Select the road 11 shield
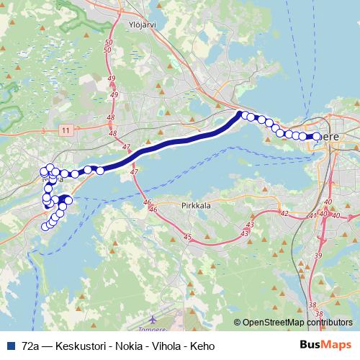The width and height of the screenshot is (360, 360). pos(66,130)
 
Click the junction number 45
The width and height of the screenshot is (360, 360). pos(188,237)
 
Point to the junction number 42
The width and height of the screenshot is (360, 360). pos(284,214)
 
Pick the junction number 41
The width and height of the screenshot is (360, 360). pos(312,215)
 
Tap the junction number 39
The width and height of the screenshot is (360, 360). pos(318,256)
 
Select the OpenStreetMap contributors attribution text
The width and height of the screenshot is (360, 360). pos(297,323)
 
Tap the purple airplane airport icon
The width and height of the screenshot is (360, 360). pos(153,318)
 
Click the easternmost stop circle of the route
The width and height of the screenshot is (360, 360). pos(317,136)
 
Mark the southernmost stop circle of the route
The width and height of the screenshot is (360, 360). pos(45,227)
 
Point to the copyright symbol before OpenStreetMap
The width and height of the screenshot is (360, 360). pos(238,323)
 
